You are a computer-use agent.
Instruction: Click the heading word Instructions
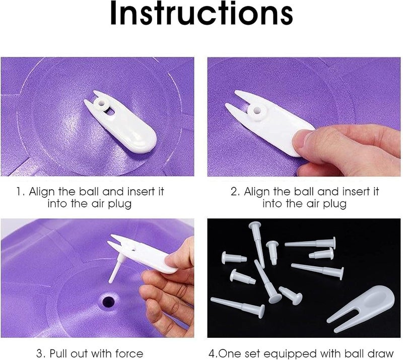coord(201,14)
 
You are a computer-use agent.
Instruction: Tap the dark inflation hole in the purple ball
coord(108,302)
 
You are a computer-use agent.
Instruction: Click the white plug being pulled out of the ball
coord(115,270)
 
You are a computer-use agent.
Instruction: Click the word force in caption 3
coord(129,353)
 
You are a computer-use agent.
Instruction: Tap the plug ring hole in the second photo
coord(257,111)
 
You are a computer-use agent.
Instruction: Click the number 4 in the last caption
coord(212,353)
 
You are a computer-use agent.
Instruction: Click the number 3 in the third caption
coord(40,353)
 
